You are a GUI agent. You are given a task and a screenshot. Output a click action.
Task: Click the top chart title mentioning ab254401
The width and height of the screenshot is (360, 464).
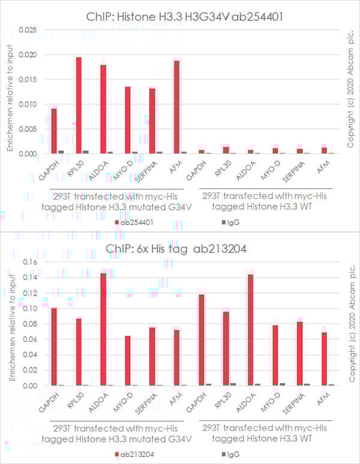pos(179,16)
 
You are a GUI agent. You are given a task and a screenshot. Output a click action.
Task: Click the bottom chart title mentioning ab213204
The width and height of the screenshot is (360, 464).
pos(179,249)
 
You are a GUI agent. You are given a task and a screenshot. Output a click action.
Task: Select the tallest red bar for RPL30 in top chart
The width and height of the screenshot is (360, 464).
pos(79,105)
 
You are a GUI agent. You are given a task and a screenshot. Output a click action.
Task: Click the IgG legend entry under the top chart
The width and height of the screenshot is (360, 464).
pos(227,222)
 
